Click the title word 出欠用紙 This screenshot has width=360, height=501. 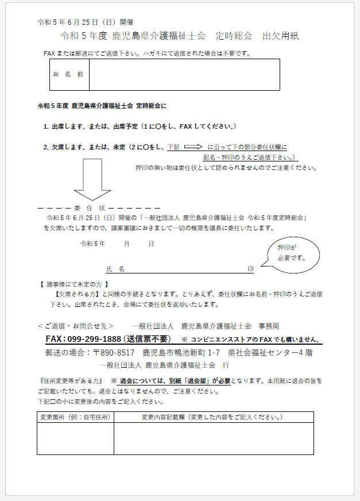281,36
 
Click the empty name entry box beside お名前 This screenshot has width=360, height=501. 184,75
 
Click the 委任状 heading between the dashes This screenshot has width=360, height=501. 90,207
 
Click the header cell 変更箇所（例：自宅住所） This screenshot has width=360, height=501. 75,417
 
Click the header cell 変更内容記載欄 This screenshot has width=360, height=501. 213,417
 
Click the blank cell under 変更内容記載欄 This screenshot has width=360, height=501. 213,438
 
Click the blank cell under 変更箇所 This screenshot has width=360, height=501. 75,438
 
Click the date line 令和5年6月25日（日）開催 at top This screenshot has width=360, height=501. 86,22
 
